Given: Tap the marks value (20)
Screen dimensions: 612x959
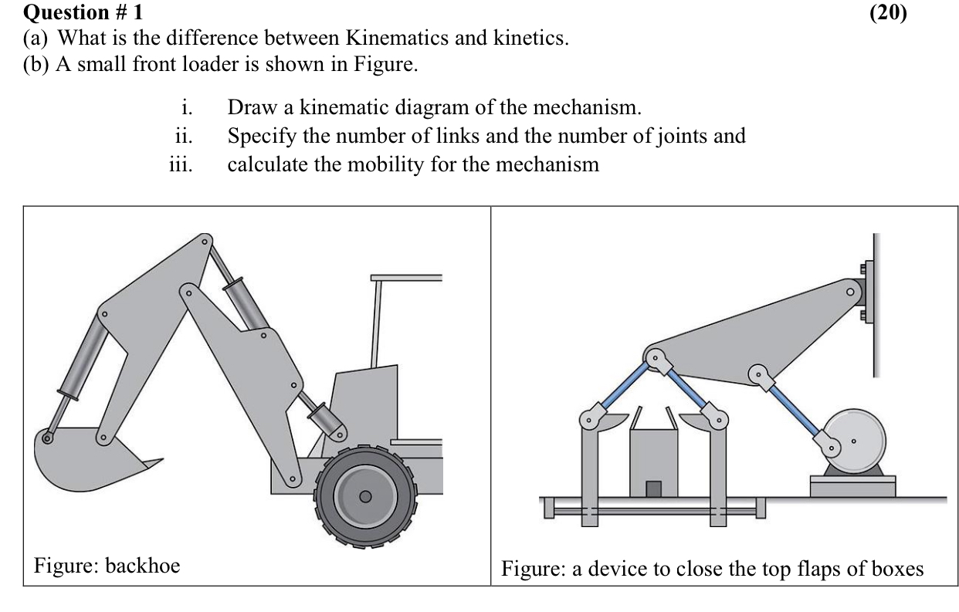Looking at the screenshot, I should point(888,12).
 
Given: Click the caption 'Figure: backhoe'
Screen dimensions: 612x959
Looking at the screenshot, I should point(107,566).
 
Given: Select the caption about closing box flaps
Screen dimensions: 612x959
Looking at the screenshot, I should point(712,570).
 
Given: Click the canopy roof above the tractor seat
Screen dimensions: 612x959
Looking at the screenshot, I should point(406,277).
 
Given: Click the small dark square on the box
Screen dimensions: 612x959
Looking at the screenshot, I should point(653,489).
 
